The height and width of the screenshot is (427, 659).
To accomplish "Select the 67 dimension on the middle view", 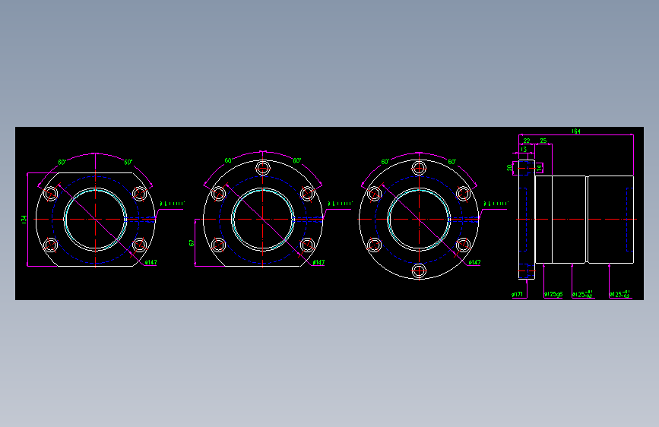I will click(192, 242).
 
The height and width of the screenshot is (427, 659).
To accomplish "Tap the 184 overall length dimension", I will click(576, 132).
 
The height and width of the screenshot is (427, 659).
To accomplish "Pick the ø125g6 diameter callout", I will click(553, 294).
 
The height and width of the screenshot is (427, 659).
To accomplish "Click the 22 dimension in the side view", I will click(527, 141).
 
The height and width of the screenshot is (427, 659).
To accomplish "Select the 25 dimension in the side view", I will click(543, 141).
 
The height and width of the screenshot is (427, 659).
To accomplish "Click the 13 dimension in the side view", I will click(524, 150).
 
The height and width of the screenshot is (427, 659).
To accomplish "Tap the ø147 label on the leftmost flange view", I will click(150, 263).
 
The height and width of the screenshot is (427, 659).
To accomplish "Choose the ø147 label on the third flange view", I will click(474, 263).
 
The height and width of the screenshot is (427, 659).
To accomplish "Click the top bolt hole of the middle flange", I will click(264, 168).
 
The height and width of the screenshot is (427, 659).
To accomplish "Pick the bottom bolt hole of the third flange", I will click(418, 270).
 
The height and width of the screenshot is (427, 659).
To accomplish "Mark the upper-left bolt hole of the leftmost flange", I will click(51, 194).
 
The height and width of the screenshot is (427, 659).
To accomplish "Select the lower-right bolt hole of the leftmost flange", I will click(139, 245).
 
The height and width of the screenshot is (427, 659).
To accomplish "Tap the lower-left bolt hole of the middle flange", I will click(219, 245).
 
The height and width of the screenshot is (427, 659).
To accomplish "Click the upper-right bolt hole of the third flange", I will click(463, 194).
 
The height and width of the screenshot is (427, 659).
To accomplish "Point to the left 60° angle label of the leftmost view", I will click(62, 163).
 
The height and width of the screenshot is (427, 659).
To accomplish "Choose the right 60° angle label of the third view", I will click(451, 162).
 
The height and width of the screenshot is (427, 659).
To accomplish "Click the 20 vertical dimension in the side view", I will click(509, 167).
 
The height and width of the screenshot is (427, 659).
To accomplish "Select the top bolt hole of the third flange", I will click(418, 168).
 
